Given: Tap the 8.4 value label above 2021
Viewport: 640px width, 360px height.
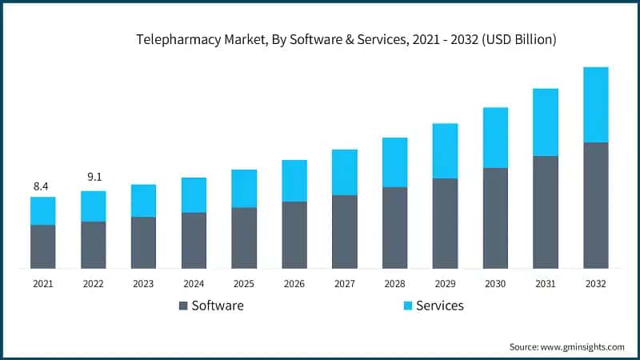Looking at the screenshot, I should [42, 186].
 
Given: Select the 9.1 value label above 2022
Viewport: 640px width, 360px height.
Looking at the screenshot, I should [93, 177].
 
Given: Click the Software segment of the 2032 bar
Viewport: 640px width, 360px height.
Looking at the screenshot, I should [595, 206].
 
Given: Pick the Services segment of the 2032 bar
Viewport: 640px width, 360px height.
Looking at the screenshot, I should [595, 105].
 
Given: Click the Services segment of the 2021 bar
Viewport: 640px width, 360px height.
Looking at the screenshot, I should [42, 211].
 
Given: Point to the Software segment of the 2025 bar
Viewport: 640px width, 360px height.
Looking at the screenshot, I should [244, 238].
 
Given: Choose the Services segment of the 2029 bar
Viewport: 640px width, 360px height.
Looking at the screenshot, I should [445, 151].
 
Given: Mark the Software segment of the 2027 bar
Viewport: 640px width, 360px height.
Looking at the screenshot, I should [344, 232].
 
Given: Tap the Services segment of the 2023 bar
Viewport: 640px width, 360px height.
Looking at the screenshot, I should [143, 201].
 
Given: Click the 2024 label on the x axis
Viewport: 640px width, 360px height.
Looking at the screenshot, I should [194, 284].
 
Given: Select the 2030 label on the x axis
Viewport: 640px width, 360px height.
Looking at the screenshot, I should [495, 284].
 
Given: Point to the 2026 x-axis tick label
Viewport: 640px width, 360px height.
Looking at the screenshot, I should [294, 284].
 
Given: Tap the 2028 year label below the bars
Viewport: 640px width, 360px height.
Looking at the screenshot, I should [394, 284].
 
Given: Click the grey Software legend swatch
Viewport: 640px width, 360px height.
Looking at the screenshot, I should [183, 306].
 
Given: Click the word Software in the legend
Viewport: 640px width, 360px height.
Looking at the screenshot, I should [218, 306].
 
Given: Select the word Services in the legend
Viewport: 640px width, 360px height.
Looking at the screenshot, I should [439, 306].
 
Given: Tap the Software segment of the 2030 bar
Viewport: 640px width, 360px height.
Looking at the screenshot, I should [495, 218].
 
